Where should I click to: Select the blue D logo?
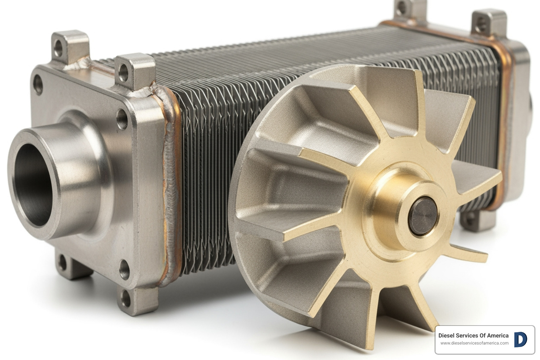520,339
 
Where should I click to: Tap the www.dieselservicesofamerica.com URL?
474,343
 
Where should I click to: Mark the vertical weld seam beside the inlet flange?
171,197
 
